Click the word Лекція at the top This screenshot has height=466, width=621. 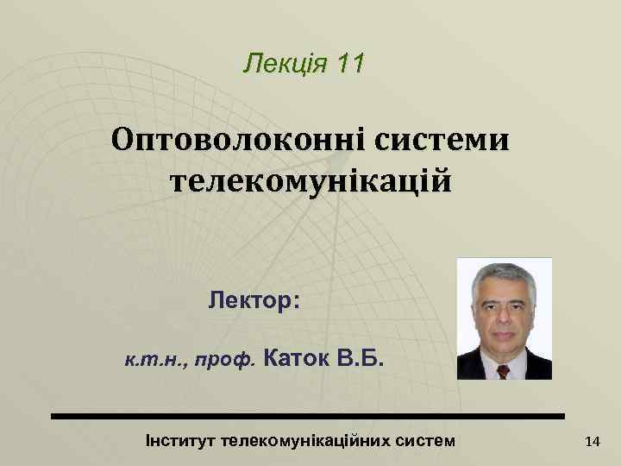click(x=282, y=63)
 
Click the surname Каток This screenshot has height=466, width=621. click(x=292, y=356)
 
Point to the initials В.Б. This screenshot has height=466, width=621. click(x=355, y=356)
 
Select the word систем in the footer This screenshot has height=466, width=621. click(x=427, y=440)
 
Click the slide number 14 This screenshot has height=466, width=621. click(x=592, y=442)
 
